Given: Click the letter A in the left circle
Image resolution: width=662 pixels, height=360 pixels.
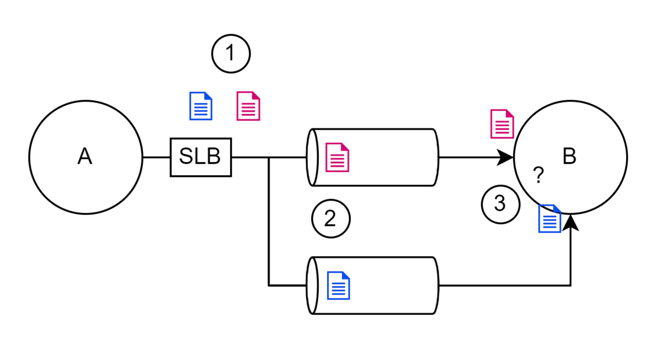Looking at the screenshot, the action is click(x=85, y=156).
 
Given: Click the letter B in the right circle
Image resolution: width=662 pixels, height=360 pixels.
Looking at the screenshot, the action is click(x=569, y=156).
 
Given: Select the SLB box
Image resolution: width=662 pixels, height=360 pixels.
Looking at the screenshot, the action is click(x=201, y=157).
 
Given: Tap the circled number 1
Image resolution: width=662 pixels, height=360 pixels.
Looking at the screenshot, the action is click(x=231, y=53).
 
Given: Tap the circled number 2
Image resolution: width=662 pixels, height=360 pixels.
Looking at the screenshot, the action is click(x=331, y=218).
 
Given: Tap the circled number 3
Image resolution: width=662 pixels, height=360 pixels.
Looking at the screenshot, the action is click(x=500, y=205).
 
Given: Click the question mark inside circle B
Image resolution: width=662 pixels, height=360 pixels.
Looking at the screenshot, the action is click(x=538, y=175).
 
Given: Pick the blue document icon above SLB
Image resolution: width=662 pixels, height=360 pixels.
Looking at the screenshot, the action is click(x=201, y=106).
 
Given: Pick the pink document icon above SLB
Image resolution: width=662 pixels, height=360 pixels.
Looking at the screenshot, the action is click(x=248, y=106).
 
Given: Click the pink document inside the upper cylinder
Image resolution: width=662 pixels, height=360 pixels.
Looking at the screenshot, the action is click(x=337, y=157).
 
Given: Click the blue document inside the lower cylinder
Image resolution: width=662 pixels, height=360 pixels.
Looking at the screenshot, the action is click(x=338, y=286).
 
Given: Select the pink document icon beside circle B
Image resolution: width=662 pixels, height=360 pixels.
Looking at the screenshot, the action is click(x=502, y=123).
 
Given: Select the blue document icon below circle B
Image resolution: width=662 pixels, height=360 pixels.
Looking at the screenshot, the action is click(x=549, y=218).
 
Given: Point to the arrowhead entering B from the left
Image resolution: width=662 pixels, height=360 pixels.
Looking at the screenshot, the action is click(x=505, y=158).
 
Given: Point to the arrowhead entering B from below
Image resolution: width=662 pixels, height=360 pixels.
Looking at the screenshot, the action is click(x=570, y=223).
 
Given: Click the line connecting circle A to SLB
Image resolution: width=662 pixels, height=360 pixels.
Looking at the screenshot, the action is click(x=156, y=158).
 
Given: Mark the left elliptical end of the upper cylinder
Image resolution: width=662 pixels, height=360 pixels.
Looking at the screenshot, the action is click(x=312, y=157).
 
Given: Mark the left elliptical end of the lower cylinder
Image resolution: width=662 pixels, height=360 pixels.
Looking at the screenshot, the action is click(x=312, y=286).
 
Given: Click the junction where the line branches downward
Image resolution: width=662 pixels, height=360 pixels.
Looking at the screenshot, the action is click(x=269, y=158).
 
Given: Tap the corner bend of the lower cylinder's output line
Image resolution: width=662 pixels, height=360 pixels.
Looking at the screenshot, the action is click(x=570, y=286).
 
